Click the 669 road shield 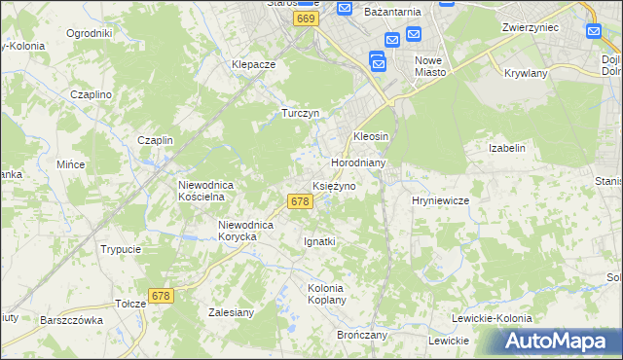(x=307, y=18)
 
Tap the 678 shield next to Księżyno (x=300, y=201)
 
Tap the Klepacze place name (x=254, y=64)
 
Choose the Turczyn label (x=301, y=113)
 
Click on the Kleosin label (x=371, y=136)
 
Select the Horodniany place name (x=359, y=162)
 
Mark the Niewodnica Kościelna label (x=202, y=190)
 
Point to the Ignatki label (x=319, y=240)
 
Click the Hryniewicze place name (x=441, y=199)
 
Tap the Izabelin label (x=507, y=148)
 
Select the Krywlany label (x=526, y=73)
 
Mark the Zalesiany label (x=232, y=312)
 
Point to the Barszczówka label (x=71, y=319)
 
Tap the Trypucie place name (x=121, y=249)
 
